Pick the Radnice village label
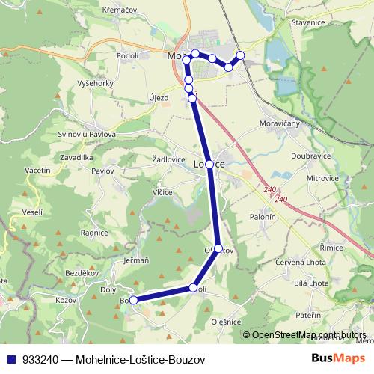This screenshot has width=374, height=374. [94, 233]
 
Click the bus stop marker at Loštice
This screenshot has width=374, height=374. [209, 164]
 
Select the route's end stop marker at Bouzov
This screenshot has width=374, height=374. [134, 300]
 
